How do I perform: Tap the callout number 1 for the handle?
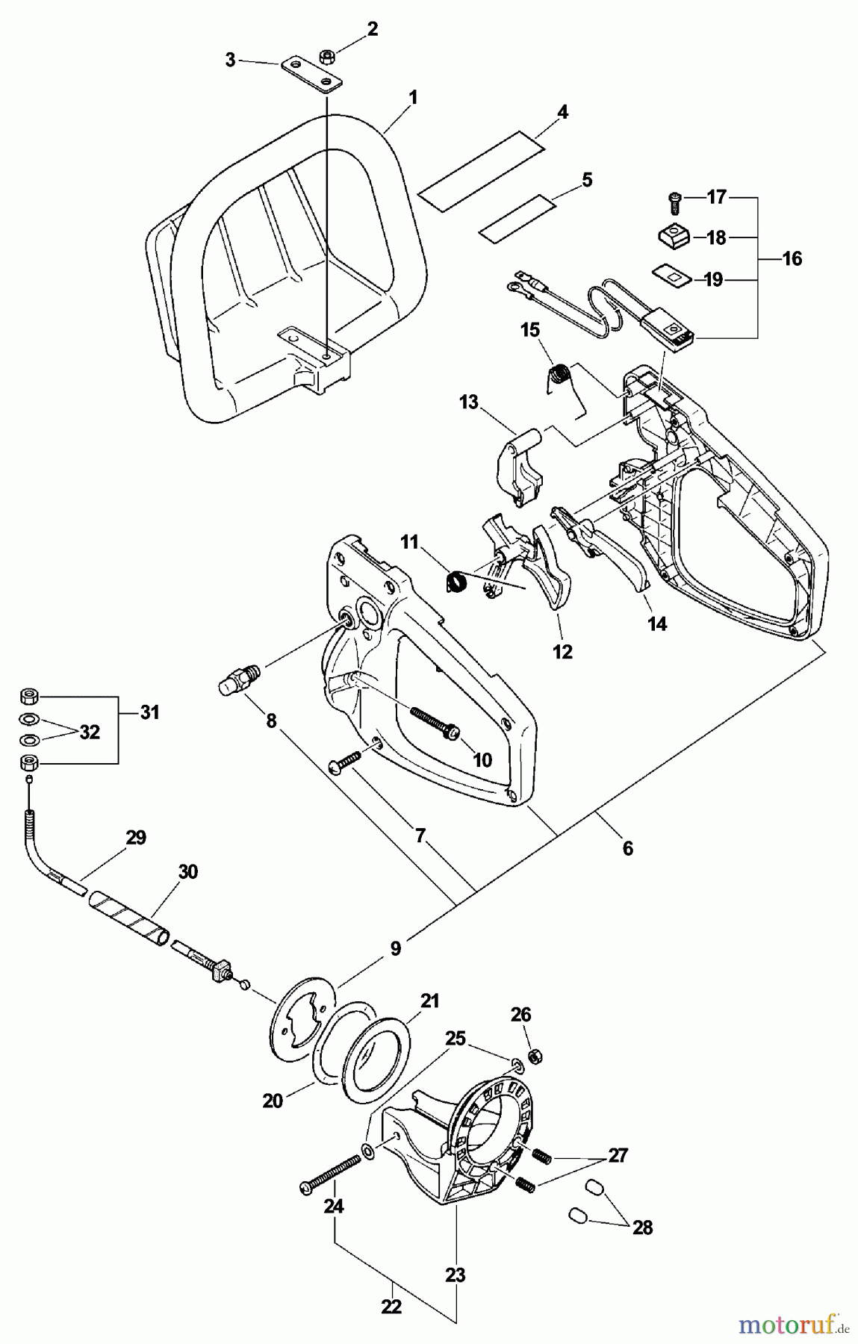412,97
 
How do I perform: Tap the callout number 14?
656,623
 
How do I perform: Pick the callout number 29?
135,838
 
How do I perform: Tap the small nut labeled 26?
535,1057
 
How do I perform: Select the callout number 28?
642,1227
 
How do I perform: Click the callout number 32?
89,732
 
